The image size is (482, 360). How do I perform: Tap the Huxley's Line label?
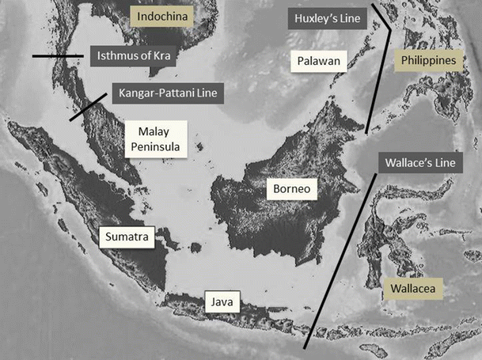[323, 17]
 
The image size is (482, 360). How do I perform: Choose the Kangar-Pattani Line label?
[168, 93]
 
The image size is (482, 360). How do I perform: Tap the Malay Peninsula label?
[155, 138]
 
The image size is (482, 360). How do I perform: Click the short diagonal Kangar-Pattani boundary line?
[87, 107]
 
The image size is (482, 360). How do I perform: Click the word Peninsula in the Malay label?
[155, 146]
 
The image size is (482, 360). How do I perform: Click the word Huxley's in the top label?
[309, 17]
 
